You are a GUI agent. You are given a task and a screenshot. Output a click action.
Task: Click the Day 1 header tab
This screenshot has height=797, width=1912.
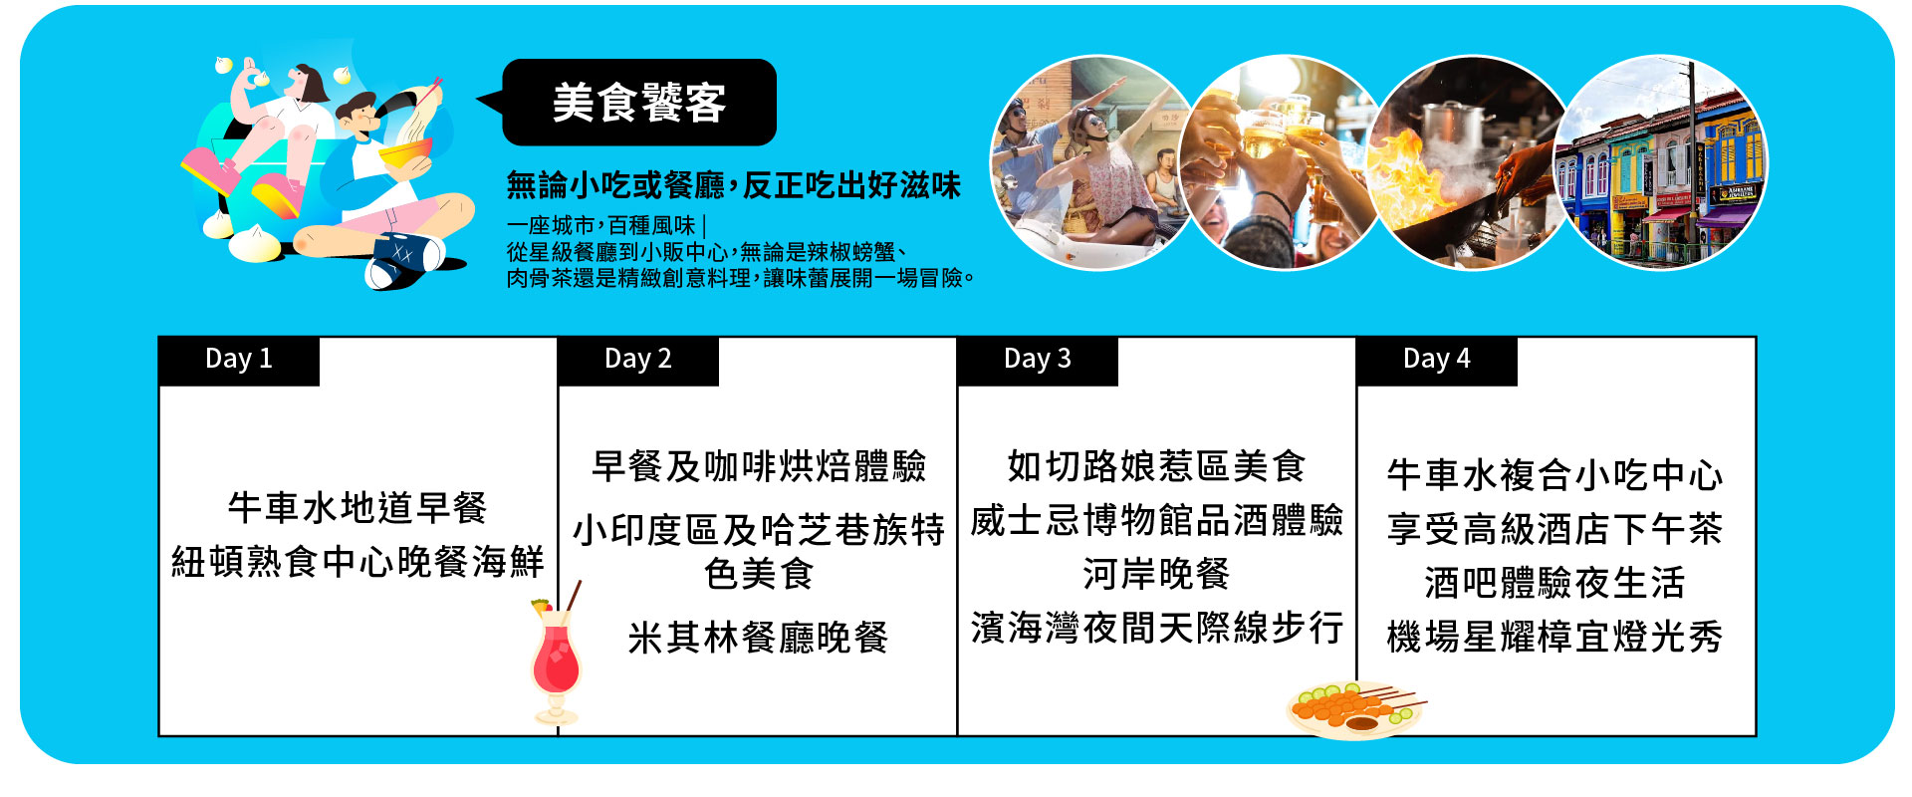point(239,361)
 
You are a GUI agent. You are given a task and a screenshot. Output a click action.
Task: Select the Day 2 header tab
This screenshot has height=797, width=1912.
point(638,361)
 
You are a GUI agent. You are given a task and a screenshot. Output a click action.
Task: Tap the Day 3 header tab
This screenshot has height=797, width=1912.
point(1038,361)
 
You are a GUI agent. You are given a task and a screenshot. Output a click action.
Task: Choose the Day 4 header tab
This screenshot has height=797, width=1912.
point(1437,361)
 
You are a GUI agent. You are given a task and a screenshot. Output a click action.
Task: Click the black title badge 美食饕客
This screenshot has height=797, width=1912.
point(639,103)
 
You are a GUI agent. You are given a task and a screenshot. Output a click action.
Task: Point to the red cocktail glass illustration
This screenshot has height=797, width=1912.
point(556,658)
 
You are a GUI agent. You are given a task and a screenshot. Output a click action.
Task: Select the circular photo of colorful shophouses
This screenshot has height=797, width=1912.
point(1660,162)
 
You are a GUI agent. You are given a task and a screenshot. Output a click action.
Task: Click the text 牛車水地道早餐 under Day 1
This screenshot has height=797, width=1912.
point(358,508)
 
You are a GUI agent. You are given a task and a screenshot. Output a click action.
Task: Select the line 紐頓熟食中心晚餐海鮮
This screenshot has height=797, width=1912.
point(358,562)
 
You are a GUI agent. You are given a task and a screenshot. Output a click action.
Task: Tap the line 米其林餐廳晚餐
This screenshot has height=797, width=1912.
point(758,638)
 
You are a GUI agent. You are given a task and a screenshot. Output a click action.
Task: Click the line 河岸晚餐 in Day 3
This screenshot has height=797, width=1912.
point(1156,574)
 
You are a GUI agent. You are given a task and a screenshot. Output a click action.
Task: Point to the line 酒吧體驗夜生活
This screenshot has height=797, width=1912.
point(1554,583)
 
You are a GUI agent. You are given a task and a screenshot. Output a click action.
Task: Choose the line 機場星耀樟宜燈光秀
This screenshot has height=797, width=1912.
point(1554,637)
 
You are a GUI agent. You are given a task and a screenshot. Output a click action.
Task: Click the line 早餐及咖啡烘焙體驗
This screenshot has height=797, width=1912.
point(759,466)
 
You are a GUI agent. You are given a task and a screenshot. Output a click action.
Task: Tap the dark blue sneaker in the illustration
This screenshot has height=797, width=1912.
point(403,258)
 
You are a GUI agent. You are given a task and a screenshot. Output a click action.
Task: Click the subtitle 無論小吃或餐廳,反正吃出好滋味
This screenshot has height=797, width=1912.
point(734,185)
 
